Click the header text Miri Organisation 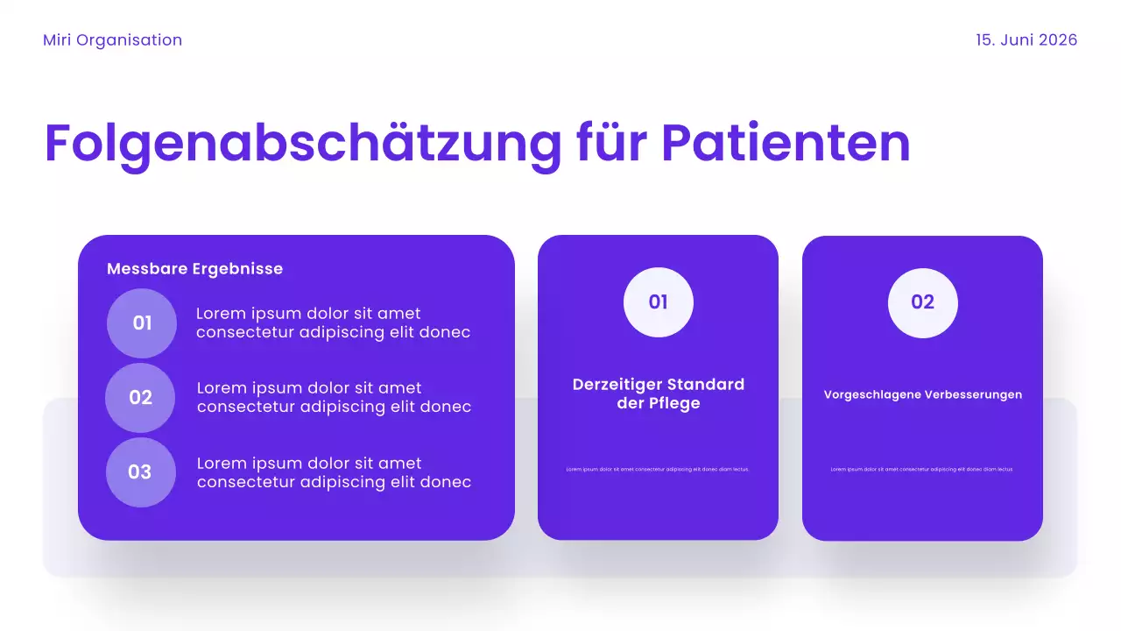[x=112, y=40]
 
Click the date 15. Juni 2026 [x=1026, y=40]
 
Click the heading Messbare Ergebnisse [x=194, y=269]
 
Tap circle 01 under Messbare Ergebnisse [x=142, y=323]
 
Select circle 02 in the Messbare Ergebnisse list [x=140, y=398]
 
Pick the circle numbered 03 [x=140, y=472]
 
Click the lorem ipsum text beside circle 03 [x=334, y=472]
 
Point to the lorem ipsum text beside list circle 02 [x=334, y=398]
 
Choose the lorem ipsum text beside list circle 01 [x=333, y=323]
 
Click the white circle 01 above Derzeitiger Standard [x=659, y=302]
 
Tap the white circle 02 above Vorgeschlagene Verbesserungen [x=923, y=302]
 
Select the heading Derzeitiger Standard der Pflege [x=659, y=393]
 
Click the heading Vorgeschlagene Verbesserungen [x=923, y=394]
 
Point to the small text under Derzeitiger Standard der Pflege [x=658, y=470]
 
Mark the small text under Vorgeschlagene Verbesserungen [x=922, y=470]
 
